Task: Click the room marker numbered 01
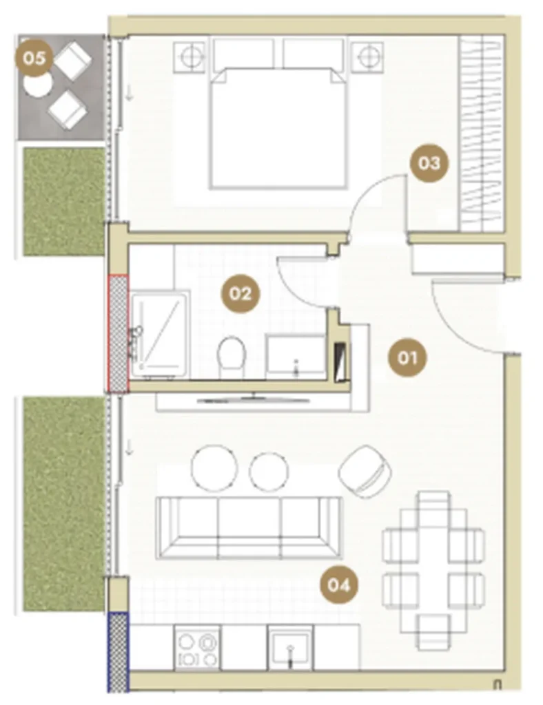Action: (407, 358)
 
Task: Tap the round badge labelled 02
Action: (240, 293)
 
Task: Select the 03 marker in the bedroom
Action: (429, 162)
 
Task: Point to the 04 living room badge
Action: (338, 585)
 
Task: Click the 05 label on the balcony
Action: (34, 58)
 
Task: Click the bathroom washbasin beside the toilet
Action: (295, 356)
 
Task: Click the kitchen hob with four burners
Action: (197, 648)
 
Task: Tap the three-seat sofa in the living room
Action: (249, 528)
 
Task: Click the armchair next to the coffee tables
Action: (365, 471)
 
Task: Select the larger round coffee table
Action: (214, 467)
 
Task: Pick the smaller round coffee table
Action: (269, 472)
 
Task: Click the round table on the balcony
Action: (37, 85)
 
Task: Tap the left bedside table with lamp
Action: (191, 56)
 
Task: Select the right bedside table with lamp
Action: (367, 56)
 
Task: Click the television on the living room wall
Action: (254, 399)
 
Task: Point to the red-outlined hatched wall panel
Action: (119, 333)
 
